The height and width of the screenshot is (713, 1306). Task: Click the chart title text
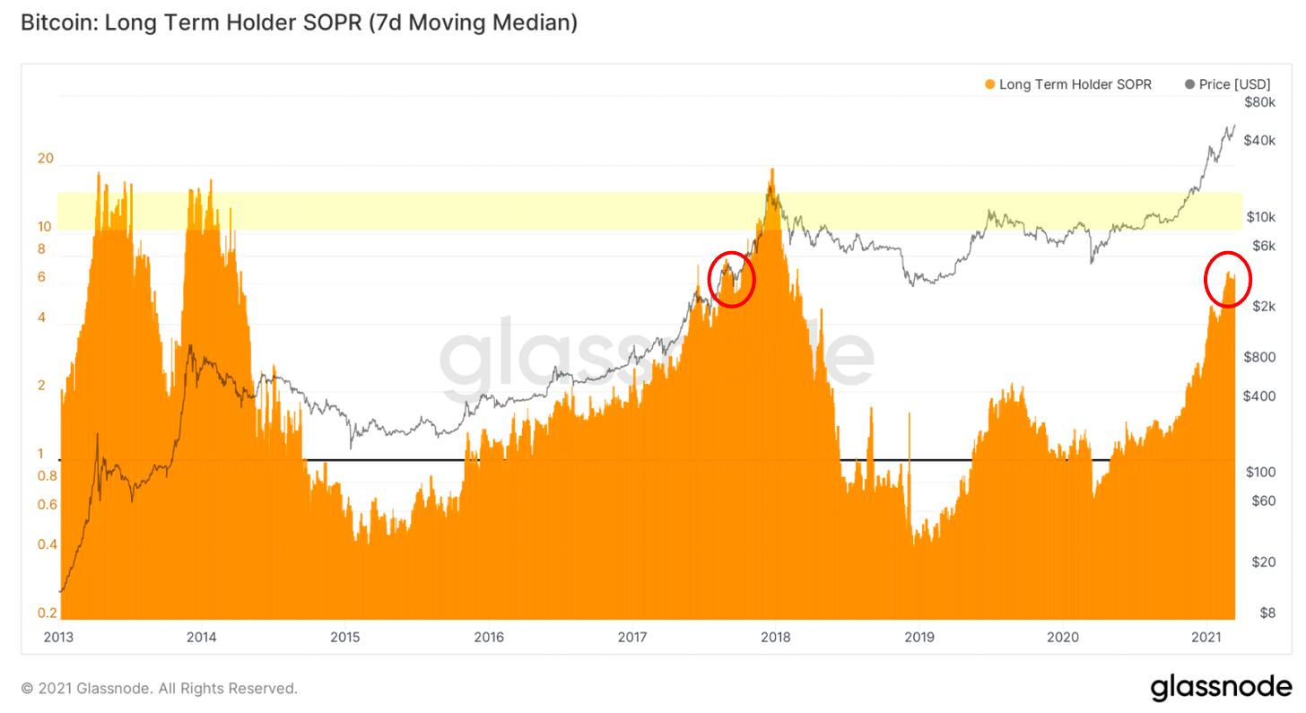299,24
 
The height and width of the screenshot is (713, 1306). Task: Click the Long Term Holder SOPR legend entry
1067,84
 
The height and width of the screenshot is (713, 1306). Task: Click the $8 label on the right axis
1267,613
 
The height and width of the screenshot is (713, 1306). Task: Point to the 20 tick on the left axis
46,159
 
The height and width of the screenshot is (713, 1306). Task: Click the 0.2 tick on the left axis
47,613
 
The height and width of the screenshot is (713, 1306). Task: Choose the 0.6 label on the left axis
47,504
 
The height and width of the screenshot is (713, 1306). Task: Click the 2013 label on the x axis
57,638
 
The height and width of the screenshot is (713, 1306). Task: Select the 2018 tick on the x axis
775,638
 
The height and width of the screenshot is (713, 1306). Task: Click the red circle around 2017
732,279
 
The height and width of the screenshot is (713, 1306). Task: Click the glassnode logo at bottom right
1221,688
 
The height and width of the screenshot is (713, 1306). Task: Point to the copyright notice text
159,689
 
